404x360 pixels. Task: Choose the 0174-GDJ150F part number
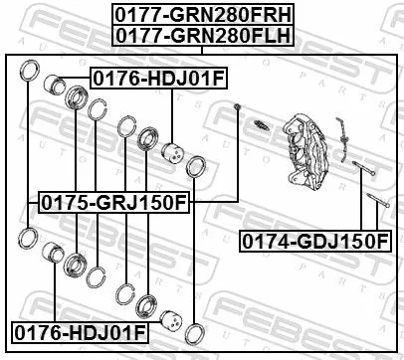point(314,241)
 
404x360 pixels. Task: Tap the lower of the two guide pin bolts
point(375,210)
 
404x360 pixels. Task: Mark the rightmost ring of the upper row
point(197,167)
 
